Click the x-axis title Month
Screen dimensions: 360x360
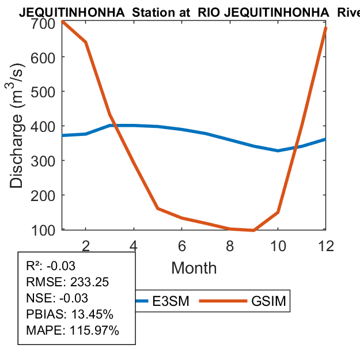(194, 267)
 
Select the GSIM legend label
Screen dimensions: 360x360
(268, 301)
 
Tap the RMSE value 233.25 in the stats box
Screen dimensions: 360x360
(89, 282)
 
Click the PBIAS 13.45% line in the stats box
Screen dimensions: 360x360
(70, 314)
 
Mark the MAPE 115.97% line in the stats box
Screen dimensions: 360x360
(73, 331)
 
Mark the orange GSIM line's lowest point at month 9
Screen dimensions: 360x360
(254, 230)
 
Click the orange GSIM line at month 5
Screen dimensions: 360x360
(158, 208)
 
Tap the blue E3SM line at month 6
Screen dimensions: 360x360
(182, 129)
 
